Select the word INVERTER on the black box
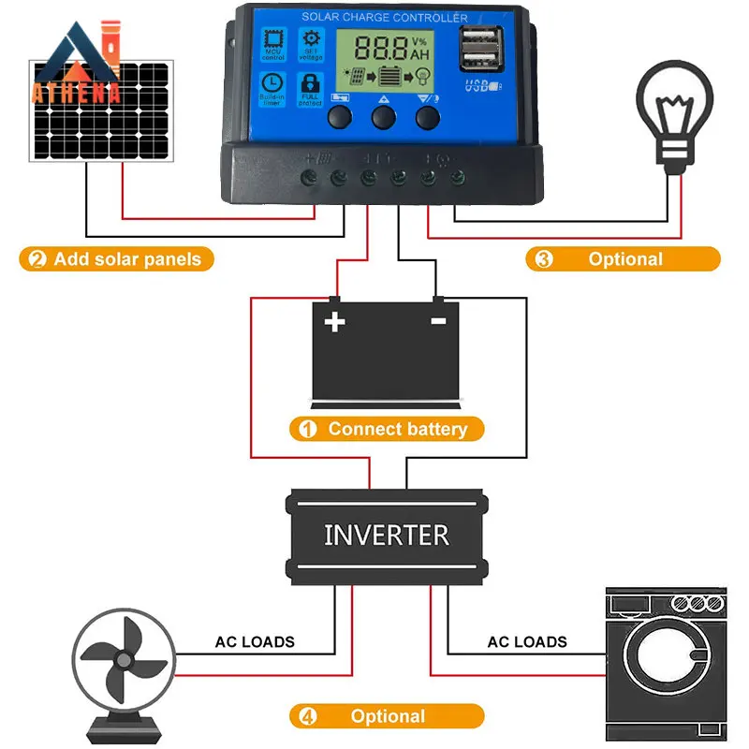(x=387, y=535)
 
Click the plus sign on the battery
(x=334, y=322)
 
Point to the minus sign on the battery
(x=437, y=321)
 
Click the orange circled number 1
(x=306, y=430)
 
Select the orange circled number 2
(x=37, y=259)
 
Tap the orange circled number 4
(x=306, y=716)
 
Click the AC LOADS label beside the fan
(x=255, y=642)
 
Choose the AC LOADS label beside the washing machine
(x=527, y=642)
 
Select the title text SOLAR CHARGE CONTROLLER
(x=385, y=17)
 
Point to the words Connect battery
(x=397, y=430)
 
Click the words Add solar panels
(x=127, y=259)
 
